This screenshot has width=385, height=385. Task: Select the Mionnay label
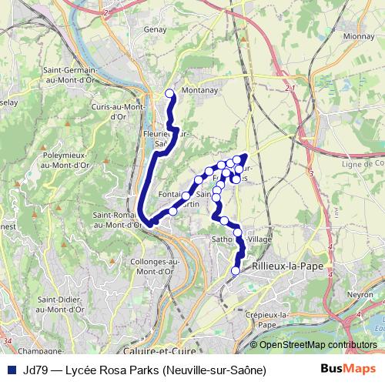[x=359, y=35]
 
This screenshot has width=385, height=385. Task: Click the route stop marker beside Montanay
[x=170, y=94]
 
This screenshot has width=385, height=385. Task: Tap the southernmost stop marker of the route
[x=236, y=270]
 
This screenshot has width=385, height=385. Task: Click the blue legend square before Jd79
[x=11, y=370]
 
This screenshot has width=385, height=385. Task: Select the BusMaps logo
[x=349, y=370]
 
